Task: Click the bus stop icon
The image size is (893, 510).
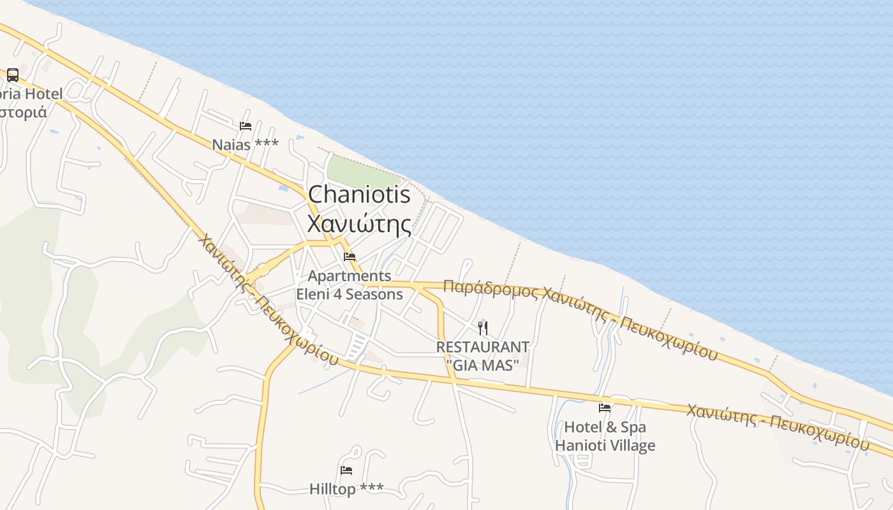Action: (x=13, y=75)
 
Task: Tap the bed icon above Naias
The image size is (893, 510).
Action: (x=246, y=126)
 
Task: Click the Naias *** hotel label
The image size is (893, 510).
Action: (x=246, y=144)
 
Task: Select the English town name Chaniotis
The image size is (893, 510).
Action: (x=359, y=194)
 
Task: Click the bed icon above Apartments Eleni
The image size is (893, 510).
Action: (x=350, y=257)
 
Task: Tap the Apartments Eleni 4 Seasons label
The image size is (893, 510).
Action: (x=350, y=285)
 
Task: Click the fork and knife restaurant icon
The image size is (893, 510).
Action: (x=483, y=328)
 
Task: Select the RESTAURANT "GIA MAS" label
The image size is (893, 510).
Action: (x=483, y=355)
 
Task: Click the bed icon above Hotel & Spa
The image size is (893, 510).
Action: (x=605, y=408)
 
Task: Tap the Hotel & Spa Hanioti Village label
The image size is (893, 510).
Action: (x=605, y=436)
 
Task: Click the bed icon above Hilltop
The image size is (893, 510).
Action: (x=346, y=470)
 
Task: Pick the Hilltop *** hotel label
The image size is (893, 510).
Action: (x=346, y=489)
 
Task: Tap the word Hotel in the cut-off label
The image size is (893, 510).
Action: (x=43, y=94)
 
